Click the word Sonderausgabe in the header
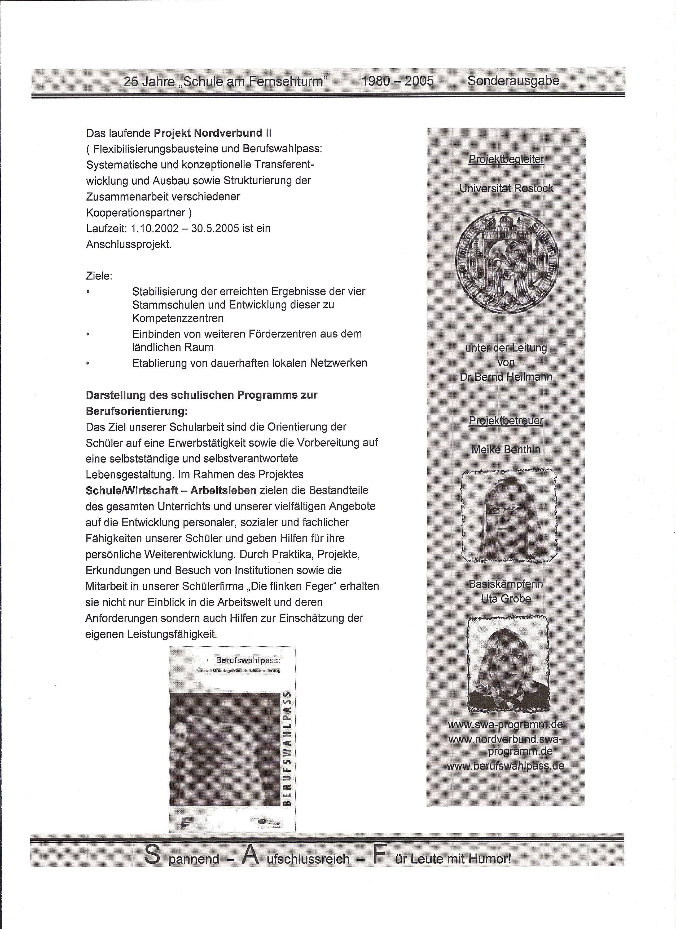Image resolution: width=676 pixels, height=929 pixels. click(513, 81)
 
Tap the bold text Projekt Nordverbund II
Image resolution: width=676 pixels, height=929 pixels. click(213, 133)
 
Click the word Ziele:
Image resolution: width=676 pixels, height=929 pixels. click(99, 276)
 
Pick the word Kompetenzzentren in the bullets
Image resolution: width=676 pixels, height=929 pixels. click(178, 318)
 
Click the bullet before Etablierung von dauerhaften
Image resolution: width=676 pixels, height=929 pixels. click(87, 363)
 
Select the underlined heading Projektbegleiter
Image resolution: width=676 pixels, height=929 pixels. click(506, 159)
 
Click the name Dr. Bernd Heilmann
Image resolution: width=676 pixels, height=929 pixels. click(506, 377)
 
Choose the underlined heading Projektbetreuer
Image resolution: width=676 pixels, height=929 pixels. click(506, 421)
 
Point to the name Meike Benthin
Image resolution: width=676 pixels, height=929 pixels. click(506, 449)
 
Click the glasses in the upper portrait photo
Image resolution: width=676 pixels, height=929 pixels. click(507, 510)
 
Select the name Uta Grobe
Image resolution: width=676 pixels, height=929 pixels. click(506, 598)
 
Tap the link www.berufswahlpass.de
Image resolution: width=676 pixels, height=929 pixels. click(506, 766)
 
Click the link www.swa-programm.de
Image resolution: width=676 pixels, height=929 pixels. click(506, 724)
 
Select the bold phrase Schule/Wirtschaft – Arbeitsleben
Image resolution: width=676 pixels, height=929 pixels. click(171, 491)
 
